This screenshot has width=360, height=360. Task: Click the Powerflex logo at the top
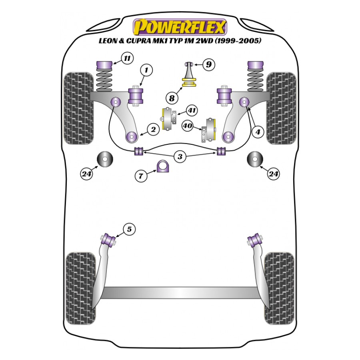180,26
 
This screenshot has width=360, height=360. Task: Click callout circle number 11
127,59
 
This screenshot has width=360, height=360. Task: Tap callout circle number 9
208,64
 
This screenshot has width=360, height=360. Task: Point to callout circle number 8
172,97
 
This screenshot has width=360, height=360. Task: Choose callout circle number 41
192,110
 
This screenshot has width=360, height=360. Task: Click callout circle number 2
153,129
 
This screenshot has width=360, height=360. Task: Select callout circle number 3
180,157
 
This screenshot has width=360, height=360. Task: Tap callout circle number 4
258,131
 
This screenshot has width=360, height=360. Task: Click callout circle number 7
140,175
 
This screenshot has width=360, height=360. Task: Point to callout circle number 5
129,229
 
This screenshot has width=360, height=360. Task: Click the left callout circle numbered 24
87,174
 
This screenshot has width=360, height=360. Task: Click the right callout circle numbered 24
274,174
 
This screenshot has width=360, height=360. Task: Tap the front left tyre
80,108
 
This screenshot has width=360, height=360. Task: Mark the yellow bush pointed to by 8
190,83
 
